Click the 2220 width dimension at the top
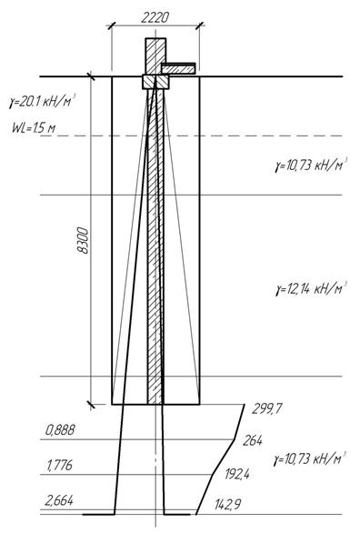155,17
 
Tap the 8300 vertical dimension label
84,241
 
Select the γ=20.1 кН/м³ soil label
42,101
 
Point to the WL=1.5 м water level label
34,128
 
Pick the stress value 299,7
266,408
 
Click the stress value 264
253,440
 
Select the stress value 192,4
237,474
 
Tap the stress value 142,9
227,504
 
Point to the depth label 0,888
60,430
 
